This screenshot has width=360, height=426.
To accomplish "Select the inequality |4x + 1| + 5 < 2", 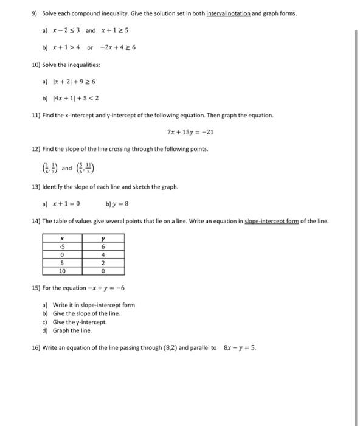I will [x=74, y=97].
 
